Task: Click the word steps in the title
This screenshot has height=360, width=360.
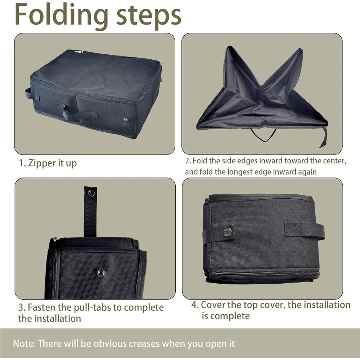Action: [x=149, y=16]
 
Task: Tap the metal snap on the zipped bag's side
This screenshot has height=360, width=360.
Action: [x=126, y=120]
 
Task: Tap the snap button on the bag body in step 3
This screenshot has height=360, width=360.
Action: [x=100, y=273]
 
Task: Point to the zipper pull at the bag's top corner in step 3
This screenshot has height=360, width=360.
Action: [x=55, y=239]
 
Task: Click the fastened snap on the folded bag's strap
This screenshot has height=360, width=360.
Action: [x=228, y=232]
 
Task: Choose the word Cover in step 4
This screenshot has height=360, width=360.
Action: [x=213, y=305]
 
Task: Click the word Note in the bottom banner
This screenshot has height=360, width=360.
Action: [x=24, y=344]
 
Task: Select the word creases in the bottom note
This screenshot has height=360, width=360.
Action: [x=144, y=344]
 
